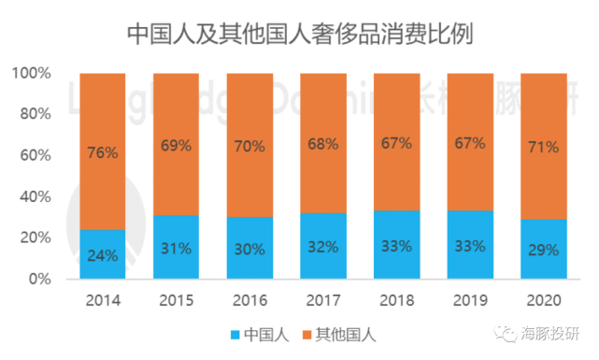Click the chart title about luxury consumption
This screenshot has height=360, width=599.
coord(299,34)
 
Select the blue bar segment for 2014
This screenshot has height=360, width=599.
coord(102,254)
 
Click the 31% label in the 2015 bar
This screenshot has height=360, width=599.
coord(176,248)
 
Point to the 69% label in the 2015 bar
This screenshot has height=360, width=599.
coord(176,146)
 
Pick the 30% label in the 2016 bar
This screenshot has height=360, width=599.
coord(249,249)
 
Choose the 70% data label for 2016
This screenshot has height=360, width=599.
coord(249,147)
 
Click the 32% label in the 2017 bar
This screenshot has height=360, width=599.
coord(322,247)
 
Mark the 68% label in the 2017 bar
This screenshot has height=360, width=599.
coord(322,145)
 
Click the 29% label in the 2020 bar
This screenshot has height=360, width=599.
coord(543,250)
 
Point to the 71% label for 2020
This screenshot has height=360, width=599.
coord(543,148)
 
